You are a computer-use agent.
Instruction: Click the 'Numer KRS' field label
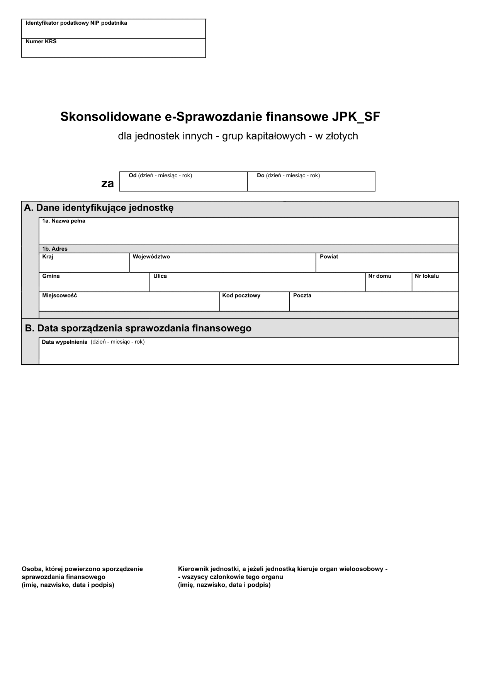coord(41,42)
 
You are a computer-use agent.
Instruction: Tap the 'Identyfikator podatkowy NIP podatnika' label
coord(76,23)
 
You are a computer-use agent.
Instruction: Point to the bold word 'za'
coord(107,183)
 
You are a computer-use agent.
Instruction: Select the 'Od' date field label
coord(132,176)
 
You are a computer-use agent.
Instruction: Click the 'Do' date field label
coord(260,176)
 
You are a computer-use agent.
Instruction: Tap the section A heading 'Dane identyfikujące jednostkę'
coord(99,208)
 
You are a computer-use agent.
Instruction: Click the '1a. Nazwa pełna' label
coord(64,221)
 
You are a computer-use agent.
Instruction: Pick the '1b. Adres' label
coord(55,249)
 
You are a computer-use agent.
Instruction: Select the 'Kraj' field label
coord(48,257)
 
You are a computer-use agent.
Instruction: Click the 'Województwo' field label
coord(151,257)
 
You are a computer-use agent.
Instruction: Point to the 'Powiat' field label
coord(329,257)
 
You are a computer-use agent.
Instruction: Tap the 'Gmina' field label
coord(51,276)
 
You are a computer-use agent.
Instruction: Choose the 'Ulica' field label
coord(160,276)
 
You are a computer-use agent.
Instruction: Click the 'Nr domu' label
coord(380,276)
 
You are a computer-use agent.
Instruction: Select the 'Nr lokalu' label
coord(426,276)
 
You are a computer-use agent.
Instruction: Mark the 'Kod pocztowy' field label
coord(241,296)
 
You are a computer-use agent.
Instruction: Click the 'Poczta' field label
coord(302,296)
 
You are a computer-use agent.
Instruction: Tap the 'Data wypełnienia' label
coord(65,342)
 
